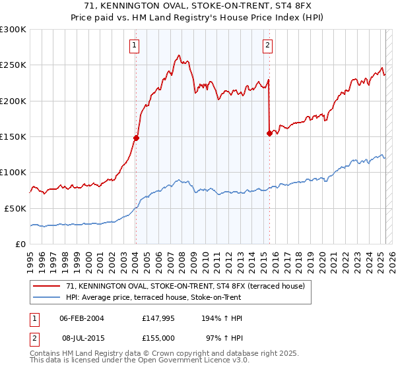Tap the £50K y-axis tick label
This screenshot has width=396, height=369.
click(x=15, y=208)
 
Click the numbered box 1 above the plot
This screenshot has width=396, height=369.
click(x=134, y=45)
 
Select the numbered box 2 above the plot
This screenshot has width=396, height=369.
click(x=267, y=45)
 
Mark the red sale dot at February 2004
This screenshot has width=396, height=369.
click(x=136, y=138)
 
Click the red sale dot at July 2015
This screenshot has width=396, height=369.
click(x=269, y=133)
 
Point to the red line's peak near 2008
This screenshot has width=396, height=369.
click(x=179, y=56)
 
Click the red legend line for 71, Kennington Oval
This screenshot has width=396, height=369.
click(x=46, y=287)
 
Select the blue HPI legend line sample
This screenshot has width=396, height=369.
click(x=46, y=297)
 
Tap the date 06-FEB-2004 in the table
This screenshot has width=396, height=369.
click(x=82, y=318)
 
